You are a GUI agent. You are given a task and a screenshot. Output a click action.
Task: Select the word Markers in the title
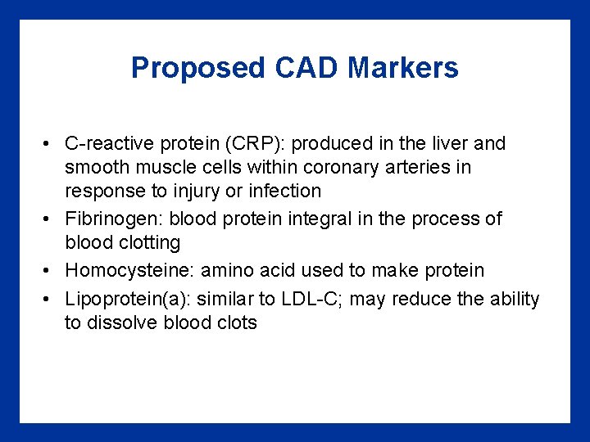tap(403, 68)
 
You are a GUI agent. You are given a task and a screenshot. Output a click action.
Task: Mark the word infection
tap(284, 191)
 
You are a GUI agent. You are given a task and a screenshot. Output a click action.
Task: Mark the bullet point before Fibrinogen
tap(50, 219)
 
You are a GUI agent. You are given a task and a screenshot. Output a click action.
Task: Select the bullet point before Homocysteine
tap(50, 270)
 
